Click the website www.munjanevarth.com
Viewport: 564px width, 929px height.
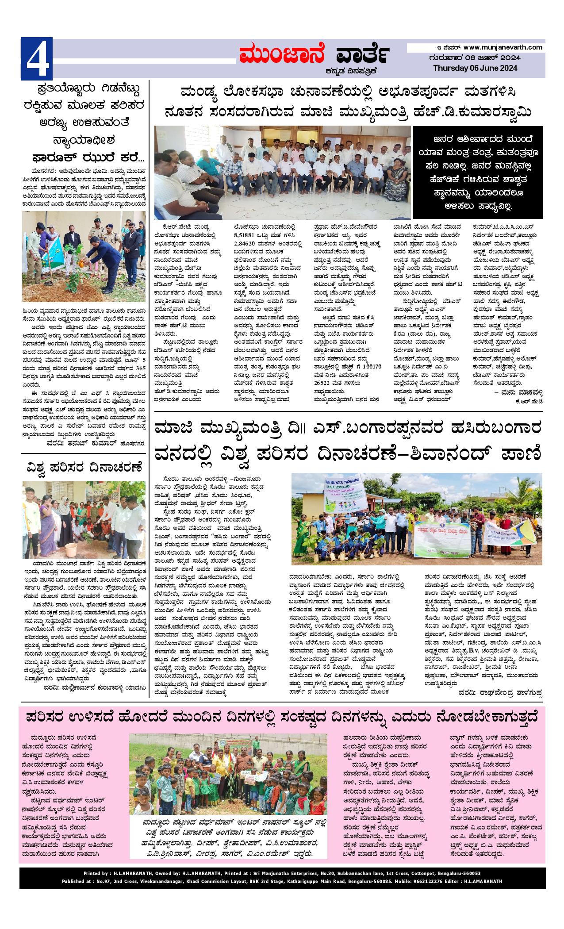point(503,47)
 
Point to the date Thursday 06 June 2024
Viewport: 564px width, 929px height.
point(475,68)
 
